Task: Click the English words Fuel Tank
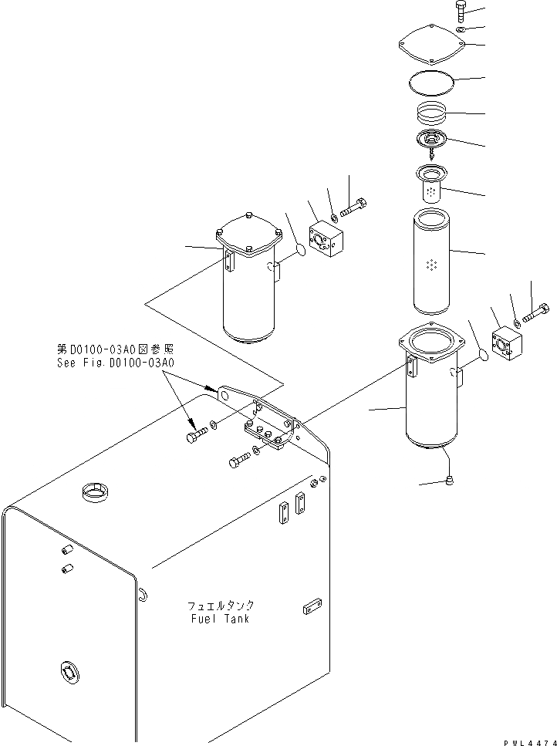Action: (x=218, y=618)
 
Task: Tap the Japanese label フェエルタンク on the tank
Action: (x=218, y=606)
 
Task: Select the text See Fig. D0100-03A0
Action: (x=116, y=363)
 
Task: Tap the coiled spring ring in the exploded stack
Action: (x=431, y=115)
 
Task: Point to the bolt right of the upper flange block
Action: (x=354, y=206)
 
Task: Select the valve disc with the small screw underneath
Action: (x=430, y=143)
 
